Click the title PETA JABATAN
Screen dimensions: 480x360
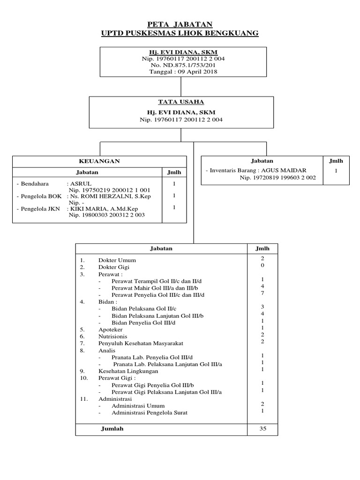click(x=180, y=24)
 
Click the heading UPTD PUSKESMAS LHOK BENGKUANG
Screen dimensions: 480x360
click(x=180, y=33)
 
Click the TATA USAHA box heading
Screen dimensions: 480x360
click(x=181, y=102)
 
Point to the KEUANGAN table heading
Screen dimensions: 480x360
click(x=99, y=161)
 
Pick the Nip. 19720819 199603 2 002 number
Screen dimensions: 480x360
click(x=277, y=178)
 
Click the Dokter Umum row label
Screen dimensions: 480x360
click(x=117, y=260)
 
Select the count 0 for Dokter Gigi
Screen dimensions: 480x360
click(x=262, y=266)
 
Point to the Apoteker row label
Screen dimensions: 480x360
click(x=111, y=330)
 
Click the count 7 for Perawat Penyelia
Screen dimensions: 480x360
click(x=262, y=293)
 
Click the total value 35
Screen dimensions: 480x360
click(x=262, y=428)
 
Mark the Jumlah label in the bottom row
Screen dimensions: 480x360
click(x=112, y=428)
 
